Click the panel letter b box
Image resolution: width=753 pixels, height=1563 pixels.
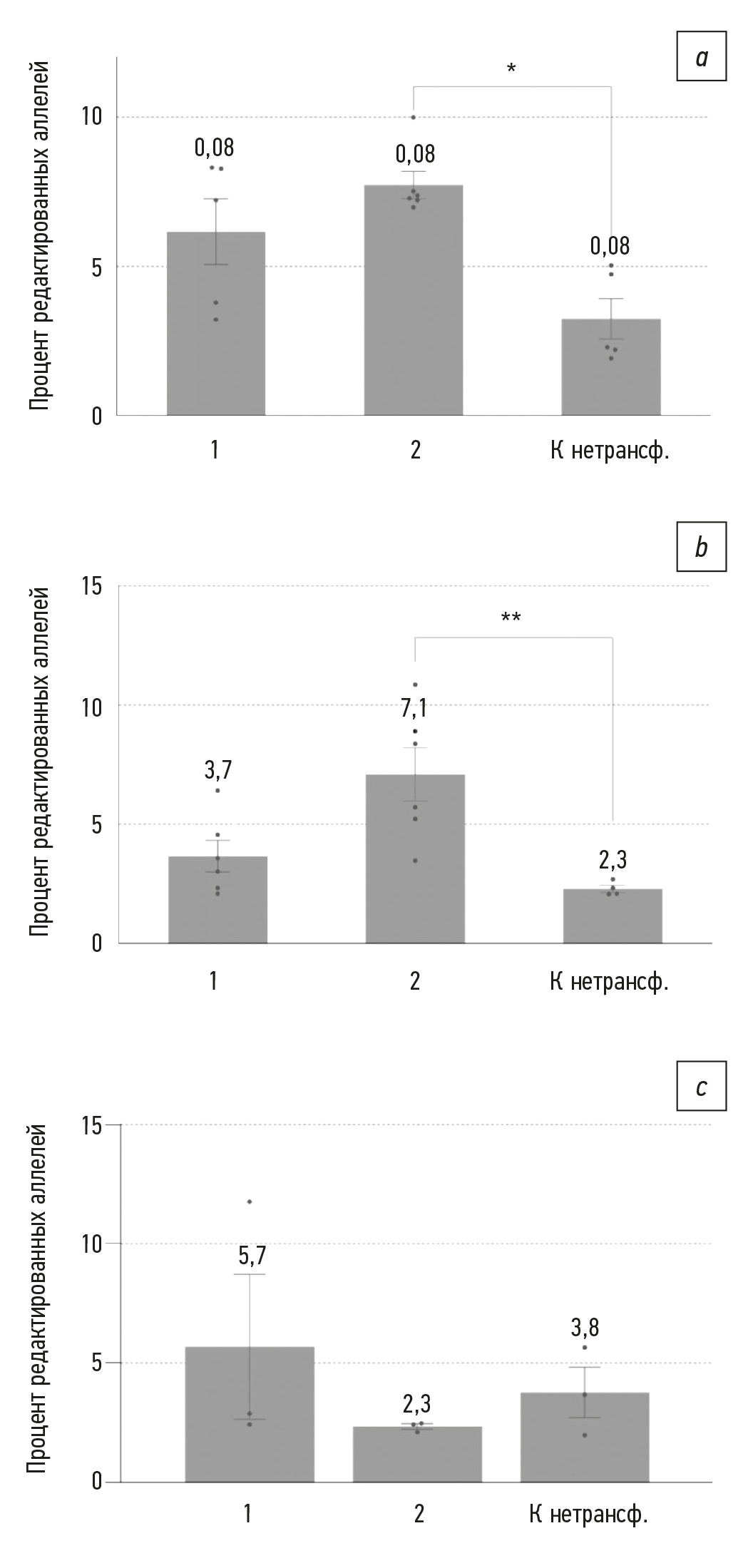coord(702,548)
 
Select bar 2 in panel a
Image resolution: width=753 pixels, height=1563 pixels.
coord(414,299)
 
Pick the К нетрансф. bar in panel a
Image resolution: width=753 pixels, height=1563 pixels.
coord(611,367)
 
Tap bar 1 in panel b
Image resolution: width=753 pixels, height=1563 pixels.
coord(217,899)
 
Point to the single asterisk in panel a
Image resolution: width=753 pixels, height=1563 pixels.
coord(511,69)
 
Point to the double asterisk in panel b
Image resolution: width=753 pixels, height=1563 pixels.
coord(511,617)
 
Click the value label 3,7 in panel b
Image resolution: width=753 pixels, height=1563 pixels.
coord(217,770)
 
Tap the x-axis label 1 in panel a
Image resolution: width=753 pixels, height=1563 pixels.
coord(215,451)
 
